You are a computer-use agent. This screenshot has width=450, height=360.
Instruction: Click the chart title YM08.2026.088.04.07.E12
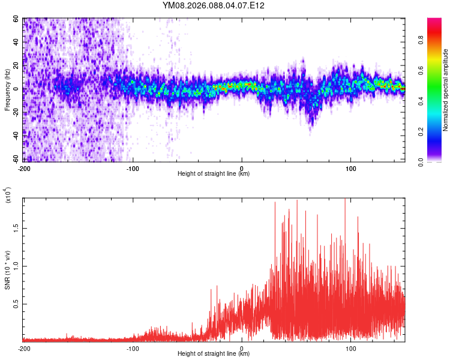tap(214, 6)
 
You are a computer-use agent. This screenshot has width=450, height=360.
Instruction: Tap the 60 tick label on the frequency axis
tap(17, 19)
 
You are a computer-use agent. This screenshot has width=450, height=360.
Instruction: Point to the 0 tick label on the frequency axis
tap(19, 89)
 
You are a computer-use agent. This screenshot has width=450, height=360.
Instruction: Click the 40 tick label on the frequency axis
tap(17, 42)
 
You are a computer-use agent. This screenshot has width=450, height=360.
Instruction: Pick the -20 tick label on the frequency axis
tap(16, 112)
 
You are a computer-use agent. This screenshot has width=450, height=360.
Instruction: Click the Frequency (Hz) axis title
tap(7, 89)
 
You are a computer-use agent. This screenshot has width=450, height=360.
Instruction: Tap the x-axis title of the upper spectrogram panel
tap(214, 174)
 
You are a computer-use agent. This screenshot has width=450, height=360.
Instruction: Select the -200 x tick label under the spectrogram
tap(24, 168)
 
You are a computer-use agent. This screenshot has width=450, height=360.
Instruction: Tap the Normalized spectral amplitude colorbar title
tap(446, 90)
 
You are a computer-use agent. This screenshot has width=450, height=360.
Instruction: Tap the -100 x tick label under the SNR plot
tap(133, 348)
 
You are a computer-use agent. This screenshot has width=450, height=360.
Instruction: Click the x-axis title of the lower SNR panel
tap(214, 354)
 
